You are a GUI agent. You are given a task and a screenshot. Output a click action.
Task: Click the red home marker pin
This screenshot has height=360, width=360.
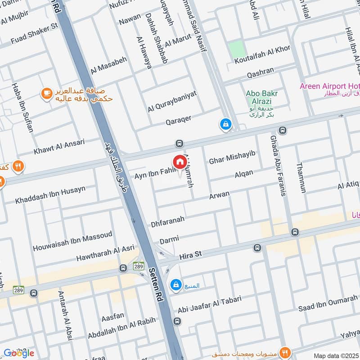(x=179, y=162)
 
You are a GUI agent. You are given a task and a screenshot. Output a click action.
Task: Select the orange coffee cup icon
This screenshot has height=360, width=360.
(x=46, y=93)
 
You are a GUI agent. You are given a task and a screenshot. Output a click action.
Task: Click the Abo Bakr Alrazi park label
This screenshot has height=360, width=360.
(x=261, y=97)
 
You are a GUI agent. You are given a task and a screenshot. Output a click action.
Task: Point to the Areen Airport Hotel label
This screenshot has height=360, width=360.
(x=329, y=86)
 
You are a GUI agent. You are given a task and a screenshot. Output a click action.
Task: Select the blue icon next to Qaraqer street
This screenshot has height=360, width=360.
(x=225, y=124)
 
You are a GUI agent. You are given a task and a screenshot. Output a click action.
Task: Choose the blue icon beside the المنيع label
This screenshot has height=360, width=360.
(x=175, y=284)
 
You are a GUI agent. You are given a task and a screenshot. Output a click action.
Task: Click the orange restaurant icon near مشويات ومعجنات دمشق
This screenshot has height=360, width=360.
(x=284, y=351)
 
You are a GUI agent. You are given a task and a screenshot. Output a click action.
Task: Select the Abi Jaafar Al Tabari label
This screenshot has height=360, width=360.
(x=210, y=302)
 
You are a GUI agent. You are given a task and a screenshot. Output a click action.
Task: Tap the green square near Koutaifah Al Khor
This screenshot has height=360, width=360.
(x=235, y=49)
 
